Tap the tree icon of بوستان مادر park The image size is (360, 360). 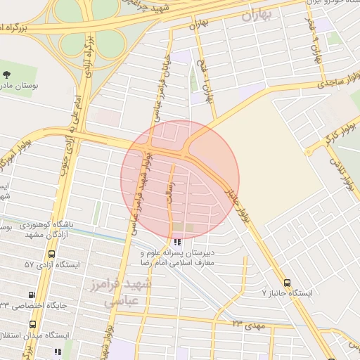coord(7,74)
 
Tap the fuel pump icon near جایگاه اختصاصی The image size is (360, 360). coord(31,295)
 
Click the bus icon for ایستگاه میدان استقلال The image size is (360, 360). coord(33,324)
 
